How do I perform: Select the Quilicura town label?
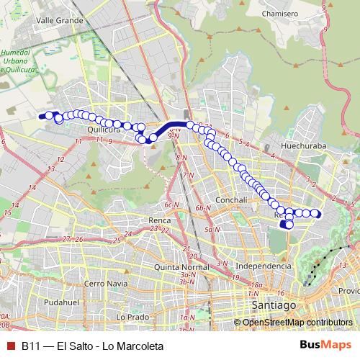[x=102, y=130]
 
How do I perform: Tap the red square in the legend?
[x=9, y=346]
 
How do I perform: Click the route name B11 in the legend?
[x=30, y=346]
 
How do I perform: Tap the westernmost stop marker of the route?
[x=42, y=115]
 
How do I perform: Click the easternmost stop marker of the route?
[x=315, y=212]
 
